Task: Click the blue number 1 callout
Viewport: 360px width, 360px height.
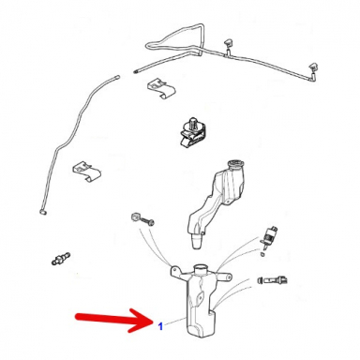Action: (160, 326)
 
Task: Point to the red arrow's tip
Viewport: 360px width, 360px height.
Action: (153, 321)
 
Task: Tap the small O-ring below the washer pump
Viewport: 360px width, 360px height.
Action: (262, 254)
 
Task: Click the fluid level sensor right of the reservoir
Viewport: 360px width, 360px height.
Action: (273, 279)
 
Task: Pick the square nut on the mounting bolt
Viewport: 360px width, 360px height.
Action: (135, 216)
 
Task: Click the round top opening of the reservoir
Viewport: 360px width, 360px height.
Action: (201, 268)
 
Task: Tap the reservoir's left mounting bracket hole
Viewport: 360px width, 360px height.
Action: (174, 268)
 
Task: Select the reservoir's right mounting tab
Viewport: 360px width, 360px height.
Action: (224, 276)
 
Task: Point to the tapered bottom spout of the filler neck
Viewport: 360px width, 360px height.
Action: (197, 242)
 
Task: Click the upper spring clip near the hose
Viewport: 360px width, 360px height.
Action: (160, 87)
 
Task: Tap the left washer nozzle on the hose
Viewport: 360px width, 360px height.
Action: (228, 44)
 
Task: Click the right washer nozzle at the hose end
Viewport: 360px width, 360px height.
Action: (313, 68)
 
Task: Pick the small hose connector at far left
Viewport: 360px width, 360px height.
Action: (60, 259)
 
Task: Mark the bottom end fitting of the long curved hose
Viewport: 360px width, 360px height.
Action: (43, 212)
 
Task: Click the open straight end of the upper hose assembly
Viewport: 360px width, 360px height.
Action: (136, 72)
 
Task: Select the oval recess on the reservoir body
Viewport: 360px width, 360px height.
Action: (200, 297)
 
